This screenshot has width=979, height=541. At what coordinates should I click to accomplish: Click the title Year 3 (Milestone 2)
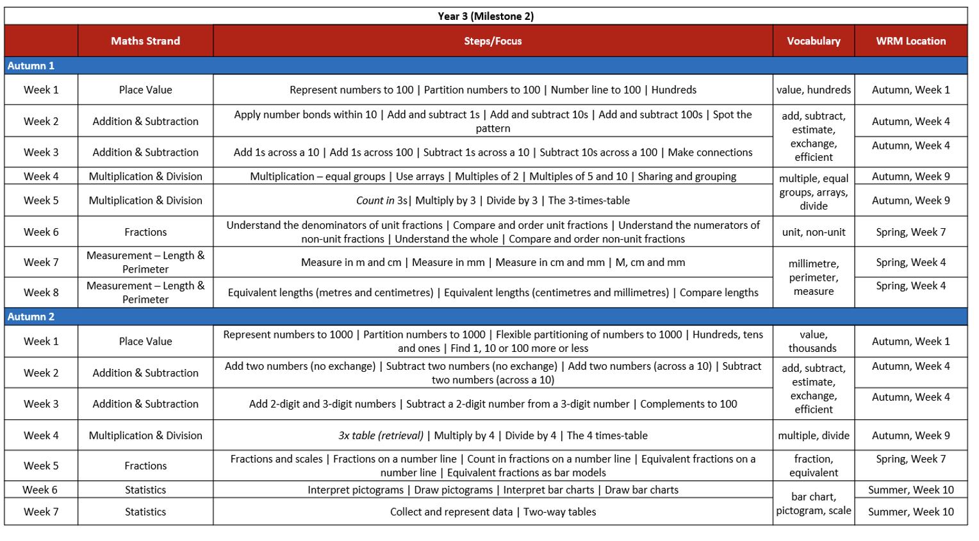485,16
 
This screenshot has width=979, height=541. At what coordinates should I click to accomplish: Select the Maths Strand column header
145,41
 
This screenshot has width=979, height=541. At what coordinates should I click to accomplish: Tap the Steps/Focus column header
493,41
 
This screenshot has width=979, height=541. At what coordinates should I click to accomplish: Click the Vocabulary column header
813,41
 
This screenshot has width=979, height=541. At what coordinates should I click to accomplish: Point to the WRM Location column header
910,41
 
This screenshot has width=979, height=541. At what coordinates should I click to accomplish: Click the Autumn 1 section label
31,65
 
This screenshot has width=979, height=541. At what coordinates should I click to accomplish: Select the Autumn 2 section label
31,317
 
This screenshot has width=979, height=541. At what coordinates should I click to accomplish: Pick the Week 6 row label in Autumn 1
41,232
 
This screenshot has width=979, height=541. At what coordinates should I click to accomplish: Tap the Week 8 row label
41,292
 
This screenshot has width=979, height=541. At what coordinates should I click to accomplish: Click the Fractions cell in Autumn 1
145,232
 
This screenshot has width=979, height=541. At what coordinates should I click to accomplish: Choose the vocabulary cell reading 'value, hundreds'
813,90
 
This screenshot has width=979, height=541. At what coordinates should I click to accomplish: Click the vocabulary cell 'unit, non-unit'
813,232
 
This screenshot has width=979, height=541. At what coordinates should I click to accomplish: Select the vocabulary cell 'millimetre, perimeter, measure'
813,277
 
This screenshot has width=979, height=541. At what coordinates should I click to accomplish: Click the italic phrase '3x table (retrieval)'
381,435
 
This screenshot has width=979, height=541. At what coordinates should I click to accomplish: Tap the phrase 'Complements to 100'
688,404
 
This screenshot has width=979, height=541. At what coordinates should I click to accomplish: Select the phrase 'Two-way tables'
559,512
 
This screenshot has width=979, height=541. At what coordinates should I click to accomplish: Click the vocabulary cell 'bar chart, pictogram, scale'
813,503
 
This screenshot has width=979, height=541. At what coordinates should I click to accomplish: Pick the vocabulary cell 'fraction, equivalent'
813,466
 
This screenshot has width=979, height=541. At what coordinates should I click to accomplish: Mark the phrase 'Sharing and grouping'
686,176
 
